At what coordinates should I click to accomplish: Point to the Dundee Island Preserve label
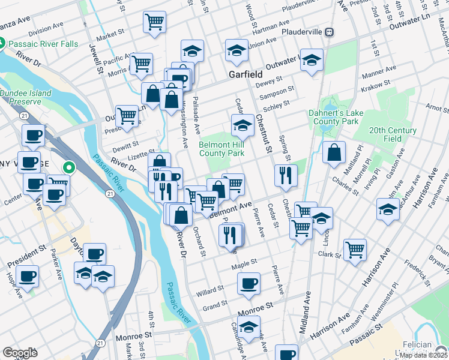tap(26, 97)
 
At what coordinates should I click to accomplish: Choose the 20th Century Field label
tap(393, 134)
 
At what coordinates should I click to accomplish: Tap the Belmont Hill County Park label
tap(221, 149)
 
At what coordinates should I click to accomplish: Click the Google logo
tap(20, 353)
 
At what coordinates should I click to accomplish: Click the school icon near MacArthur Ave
tap(388, 209)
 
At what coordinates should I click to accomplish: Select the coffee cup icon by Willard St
tap(249, 283)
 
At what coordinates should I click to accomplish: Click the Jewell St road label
tap(95, 58)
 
